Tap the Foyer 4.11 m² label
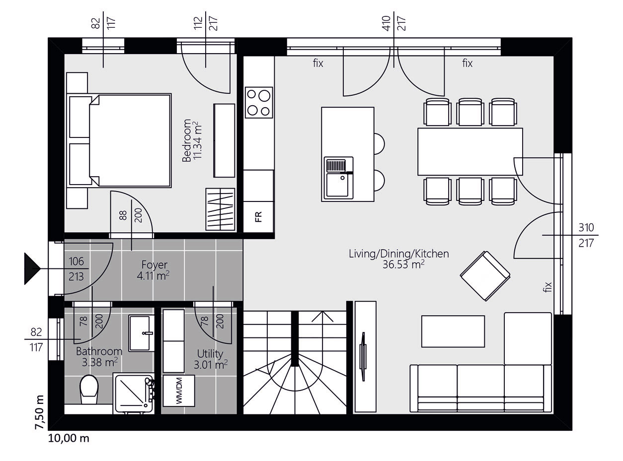point(154,270)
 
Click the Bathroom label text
point(99,351)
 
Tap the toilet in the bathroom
point(89,390)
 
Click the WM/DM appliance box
point(179,391)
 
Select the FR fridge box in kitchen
point(258,217)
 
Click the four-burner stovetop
point(259,102)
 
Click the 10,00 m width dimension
point(69,438)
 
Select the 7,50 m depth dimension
point(40,412)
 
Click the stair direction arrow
point(322,317)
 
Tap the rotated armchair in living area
point(485,276)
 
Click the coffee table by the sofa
point(453,331)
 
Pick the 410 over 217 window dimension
point(394,23)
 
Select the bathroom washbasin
point(141,333)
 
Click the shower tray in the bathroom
point(134,394)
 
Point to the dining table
point(470,152)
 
